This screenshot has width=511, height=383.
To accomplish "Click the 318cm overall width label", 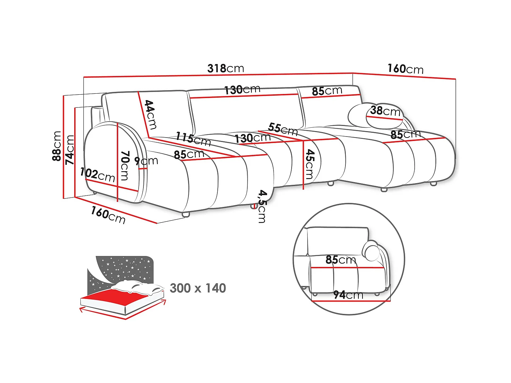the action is tap(226, 68).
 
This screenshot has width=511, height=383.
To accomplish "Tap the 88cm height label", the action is tap(57, 146).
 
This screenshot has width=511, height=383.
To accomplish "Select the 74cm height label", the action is tap(69, 150).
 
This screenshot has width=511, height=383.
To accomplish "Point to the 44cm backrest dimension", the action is tap(151, 114).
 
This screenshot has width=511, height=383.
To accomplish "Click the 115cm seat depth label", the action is tap(193, 139).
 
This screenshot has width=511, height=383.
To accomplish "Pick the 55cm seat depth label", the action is tap(283, 129).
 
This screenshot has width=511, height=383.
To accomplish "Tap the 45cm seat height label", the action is tap(310, 164).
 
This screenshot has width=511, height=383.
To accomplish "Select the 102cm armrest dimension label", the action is tap(97, 175).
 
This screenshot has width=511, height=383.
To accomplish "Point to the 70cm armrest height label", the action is tap(125, 165).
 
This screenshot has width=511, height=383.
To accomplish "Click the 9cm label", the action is tap(146, 161).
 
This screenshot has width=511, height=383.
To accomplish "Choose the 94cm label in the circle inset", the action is tap(348, 295).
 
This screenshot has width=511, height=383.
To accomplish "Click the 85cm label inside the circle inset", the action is tap(341, 259).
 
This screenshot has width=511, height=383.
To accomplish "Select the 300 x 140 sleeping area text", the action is tap(198, 288).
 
